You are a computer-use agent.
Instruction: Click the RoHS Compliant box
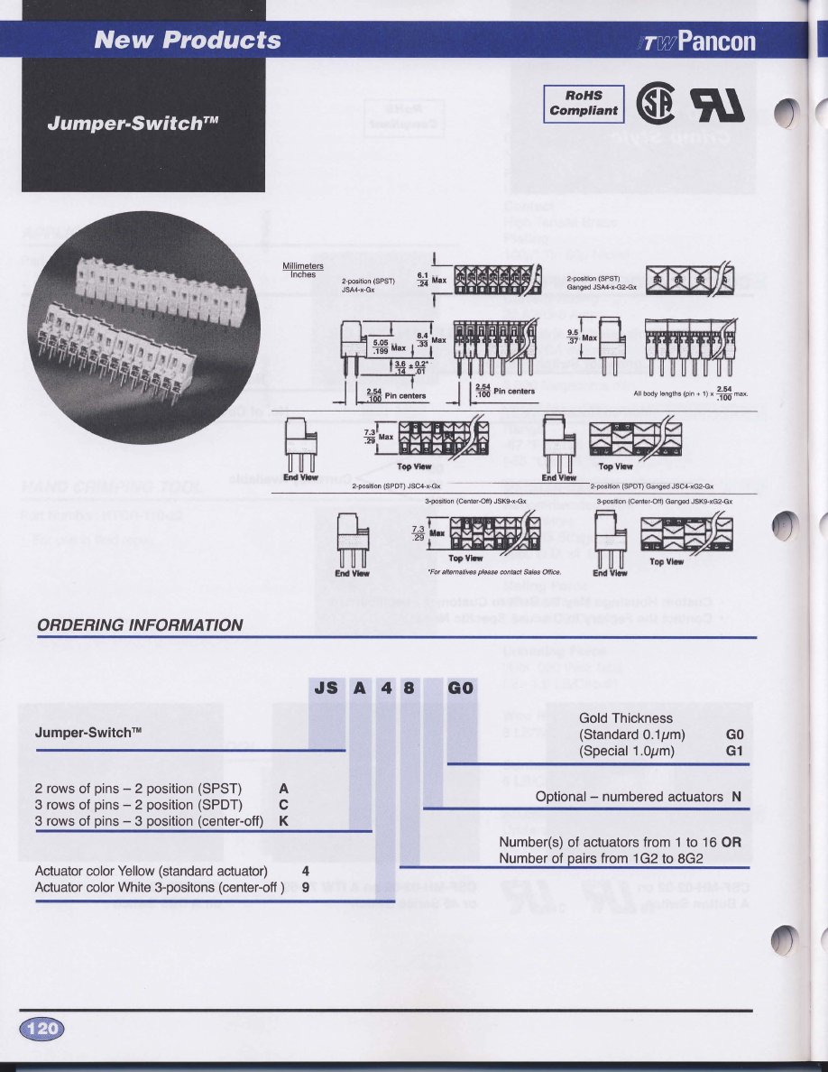pos(584,103)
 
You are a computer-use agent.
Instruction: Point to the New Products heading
pos(188,40)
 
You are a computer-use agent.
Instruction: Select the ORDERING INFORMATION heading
pos(140,624)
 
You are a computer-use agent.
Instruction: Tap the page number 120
pos(42,1028)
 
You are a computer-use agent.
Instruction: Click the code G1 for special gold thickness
pos(734,751)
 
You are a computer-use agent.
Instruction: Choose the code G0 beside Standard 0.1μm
pos(734,735)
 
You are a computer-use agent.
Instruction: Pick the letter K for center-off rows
pos(283,821)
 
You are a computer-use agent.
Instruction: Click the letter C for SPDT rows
pos(283,805)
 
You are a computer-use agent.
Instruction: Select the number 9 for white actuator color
pos(306,887)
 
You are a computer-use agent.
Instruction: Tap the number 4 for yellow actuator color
pos(306,871)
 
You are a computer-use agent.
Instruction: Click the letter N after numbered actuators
pos(736,797)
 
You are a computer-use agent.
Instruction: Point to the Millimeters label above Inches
pos(303,266)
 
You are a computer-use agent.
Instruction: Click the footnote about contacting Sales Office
pos(494,571)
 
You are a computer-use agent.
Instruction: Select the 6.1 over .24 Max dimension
pos(428,280)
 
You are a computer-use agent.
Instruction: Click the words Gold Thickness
pos(626,718)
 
